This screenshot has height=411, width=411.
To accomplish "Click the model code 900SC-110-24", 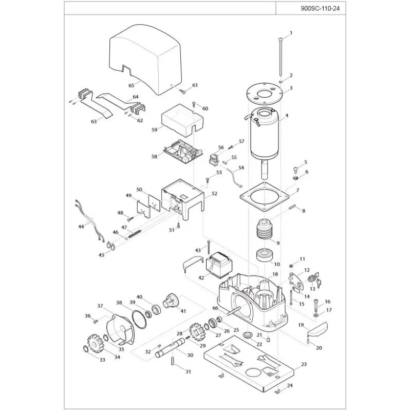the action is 320,8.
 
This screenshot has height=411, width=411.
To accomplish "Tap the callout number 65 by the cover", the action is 132,85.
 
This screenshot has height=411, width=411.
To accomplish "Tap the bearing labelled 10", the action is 265,254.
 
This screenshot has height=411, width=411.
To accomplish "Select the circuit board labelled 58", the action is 183,152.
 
